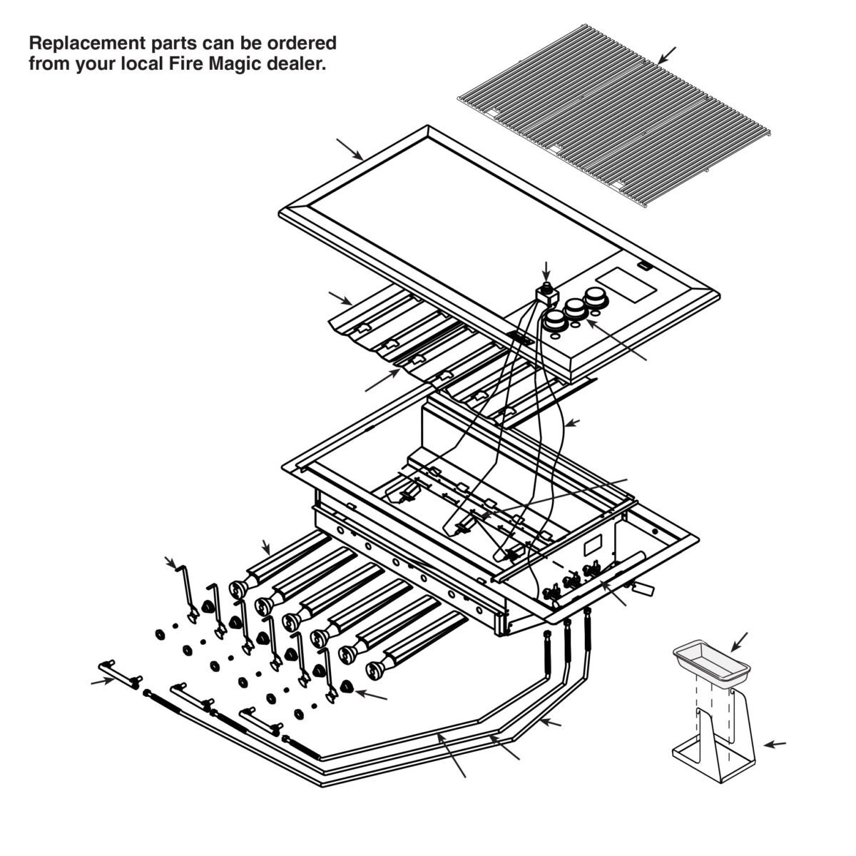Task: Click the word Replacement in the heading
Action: [88, 44]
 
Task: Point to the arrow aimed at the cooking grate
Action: [666, 55]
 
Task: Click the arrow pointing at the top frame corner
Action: [350, 149]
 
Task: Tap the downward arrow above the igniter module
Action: [546, 272]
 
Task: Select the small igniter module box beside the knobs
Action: [546, 294]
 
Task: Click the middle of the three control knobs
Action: [575, 308]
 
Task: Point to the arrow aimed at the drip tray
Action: [739, 643]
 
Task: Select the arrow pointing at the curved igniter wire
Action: [572, 423]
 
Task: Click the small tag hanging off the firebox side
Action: [643, 588]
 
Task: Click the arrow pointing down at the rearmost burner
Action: [266, 547]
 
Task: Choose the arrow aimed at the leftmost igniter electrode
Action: [171, 562]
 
